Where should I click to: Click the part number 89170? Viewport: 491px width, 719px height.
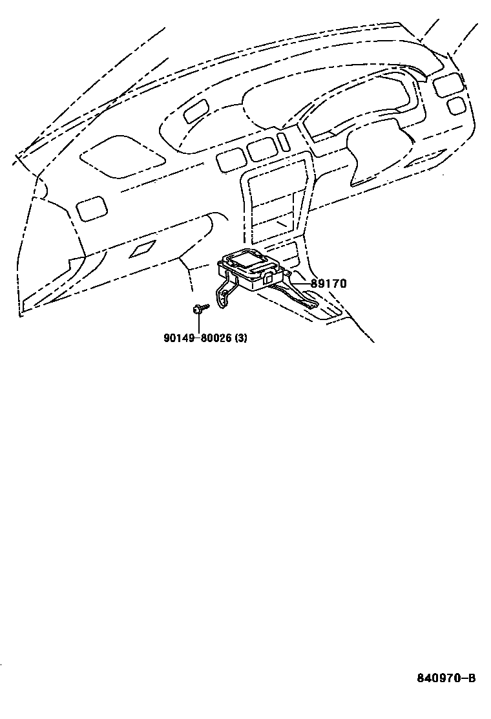point(328,283)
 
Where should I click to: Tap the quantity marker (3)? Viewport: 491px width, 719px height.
point(240,338)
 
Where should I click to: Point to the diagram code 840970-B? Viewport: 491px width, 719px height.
point(445,678)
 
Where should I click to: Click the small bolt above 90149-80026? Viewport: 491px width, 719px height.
point(199,309)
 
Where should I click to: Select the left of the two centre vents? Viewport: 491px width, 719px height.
point(231,159)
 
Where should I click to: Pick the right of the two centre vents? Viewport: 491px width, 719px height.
point(261,151)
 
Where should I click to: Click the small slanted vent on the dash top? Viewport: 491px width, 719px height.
point(194,113)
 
